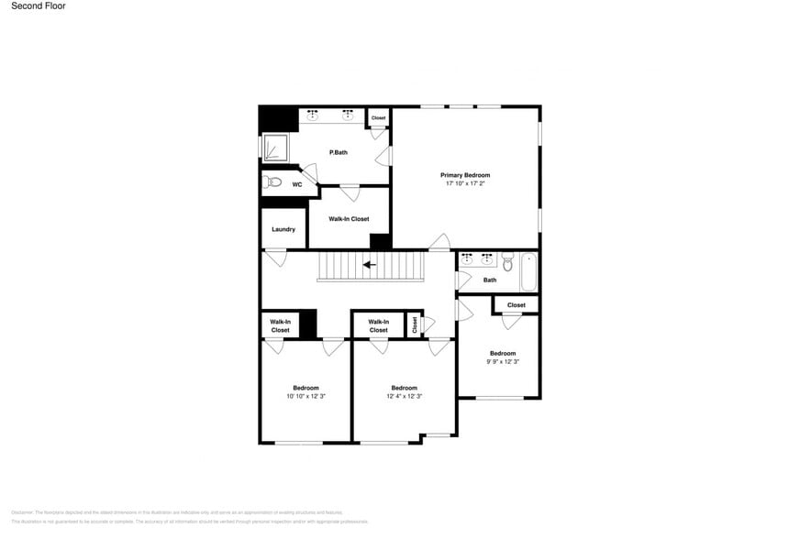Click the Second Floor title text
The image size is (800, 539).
point(39,5)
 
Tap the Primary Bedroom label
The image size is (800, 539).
point(465,175)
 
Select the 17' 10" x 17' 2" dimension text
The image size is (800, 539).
point(465,183)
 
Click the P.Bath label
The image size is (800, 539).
point(339,152)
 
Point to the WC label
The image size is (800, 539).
point(297,184)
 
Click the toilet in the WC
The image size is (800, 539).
point(272,182)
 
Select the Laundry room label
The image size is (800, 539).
point(283,229)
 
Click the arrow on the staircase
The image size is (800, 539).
point(370,265)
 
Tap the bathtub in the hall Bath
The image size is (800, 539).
point(528,271)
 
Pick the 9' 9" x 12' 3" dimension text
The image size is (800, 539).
point(503,362)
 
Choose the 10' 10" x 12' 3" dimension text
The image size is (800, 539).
point(306,396)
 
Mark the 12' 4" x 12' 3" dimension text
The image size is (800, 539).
point(405,396)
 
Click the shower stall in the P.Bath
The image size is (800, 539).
point(275,147)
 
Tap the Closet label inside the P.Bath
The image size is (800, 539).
point(378,118)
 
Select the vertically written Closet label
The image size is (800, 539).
point(415,324)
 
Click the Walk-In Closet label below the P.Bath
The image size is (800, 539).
point(349,219)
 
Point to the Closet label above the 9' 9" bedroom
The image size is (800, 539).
point(517,305)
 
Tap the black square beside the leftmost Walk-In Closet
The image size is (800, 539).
point(307,324)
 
